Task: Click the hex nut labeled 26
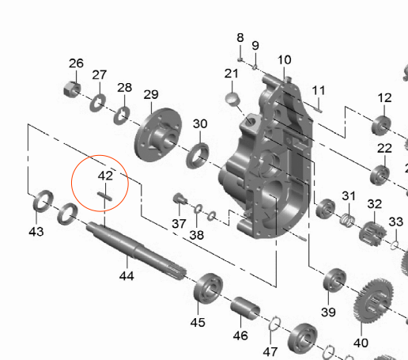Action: tap(72, 89)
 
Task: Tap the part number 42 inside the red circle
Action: tap(105, 176)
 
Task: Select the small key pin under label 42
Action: tap(104, 196)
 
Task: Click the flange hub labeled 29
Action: tap(158, 135)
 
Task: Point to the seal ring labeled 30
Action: tap(198, 156)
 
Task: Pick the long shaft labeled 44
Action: tap(137, 250)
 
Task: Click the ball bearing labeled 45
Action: tap(208, 288)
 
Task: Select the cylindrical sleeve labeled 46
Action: tap(245, 308)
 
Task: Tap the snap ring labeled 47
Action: tap(274, 324)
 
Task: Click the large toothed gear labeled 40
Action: tap(373, 301)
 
